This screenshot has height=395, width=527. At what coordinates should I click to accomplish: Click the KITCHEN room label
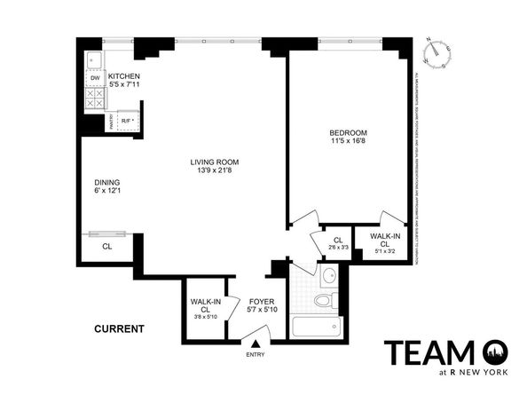123,76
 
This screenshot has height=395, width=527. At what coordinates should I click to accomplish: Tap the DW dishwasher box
94,78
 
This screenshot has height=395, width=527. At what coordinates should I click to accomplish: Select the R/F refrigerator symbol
126,119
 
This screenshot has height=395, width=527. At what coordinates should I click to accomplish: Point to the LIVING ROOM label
215,162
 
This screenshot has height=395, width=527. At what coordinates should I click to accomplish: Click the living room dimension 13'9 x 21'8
215,171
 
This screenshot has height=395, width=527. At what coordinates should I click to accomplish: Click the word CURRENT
119,329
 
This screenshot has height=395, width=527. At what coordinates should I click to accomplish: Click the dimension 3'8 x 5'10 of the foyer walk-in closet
203,316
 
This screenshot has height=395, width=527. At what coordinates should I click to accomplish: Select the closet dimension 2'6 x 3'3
337,249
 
